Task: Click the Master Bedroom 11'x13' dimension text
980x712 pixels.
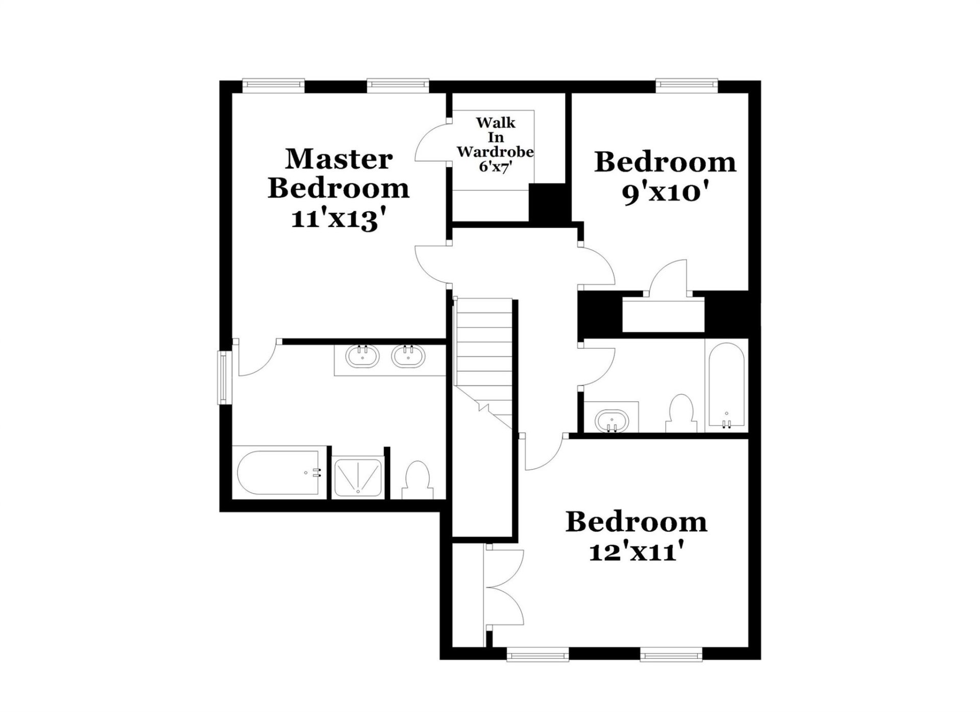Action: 337,219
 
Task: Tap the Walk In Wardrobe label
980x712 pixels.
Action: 495,137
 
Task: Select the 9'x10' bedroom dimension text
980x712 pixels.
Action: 666,193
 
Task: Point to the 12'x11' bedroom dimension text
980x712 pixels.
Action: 636,552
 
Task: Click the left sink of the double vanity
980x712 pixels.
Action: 362,356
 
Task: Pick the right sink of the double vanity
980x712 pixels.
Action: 408,356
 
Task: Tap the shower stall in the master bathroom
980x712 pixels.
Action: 358,478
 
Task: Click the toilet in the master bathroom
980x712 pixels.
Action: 418,480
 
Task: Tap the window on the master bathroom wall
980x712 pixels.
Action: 224,377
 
